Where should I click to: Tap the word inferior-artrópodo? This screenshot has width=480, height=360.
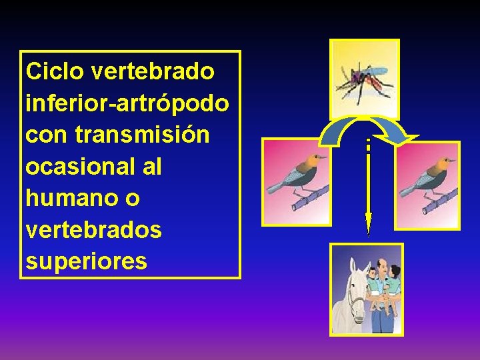pyautogui.click(x=127, y=103)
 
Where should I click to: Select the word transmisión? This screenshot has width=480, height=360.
pyautogui.click(x=143, y=135)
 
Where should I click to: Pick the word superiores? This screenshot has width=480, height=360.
pyautogui.click(x=86, y=261)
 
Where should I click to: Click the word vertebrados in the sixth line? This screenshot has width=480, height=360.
pyautogui.click(x=93, y=229)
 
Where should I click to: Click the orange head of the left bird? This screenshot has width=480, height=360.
pyautogui.click(x=309, y=161)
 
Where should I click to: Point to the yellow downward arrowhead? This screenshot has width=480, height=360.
pyautogui.click(x=368, y=224)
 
